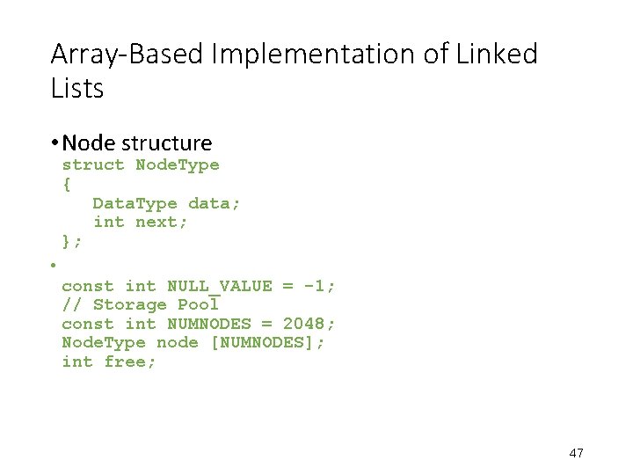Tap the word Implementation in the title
[273, 55]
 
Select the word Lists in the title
[77, 88]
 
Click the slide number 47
[577, 453]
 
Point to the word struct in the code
[93, 164]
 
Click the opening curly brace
[67, 184]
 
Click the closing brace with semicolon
[72, 240]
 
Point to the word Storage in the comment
[130, 304]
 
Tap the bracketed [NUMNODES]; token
[268, 342]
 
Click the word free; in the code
[130, 362]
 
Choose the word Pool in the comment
[199, 304]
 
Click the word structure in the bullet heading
[166, 142]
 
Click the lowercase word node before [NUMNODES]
[178, 342]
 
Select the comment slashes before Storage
[72, 304]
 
